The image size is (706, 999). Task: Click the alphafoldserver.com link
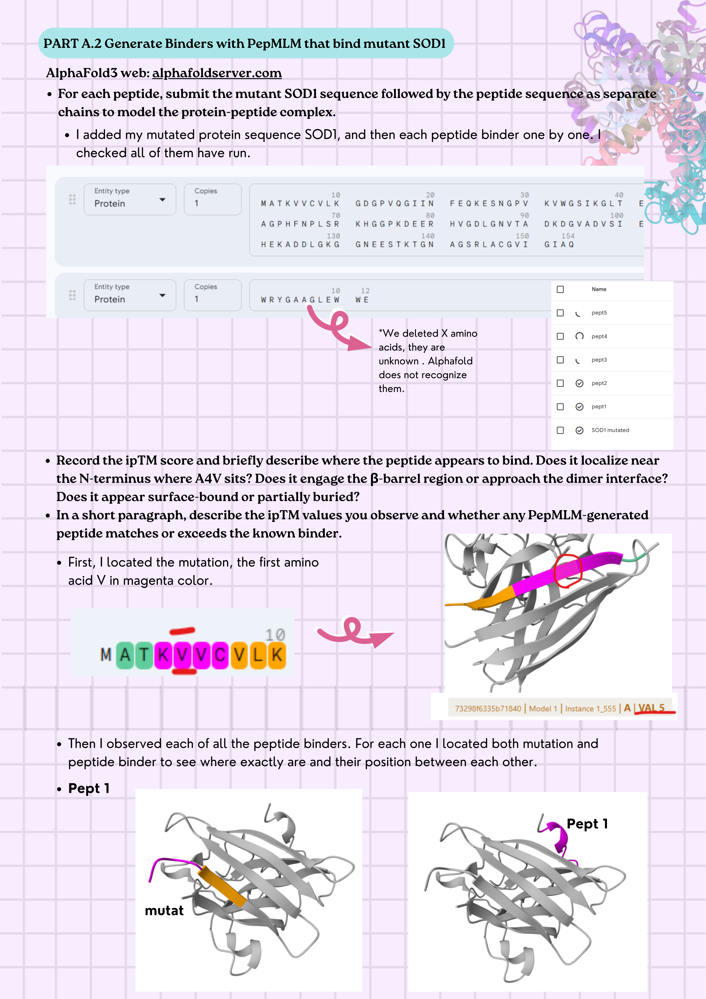pos(217,73)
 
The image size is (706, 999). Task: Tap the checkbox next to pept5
pos(560,313)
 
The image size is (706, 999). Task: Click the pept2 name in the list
pos(599,383)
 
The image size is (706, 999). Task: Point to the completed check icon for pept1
pos(579,407)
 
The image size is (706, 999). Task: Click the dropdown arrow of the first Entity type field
pos(162,200)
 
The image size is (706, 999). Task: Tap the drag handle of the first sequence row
pos(72,200)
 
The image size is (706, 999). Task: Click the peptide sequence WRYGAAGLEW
pos(300,300)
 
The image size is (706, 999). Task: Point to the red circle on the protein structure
pos(568,571)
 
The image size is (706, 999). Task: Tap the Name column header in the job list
pos(599,289)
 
